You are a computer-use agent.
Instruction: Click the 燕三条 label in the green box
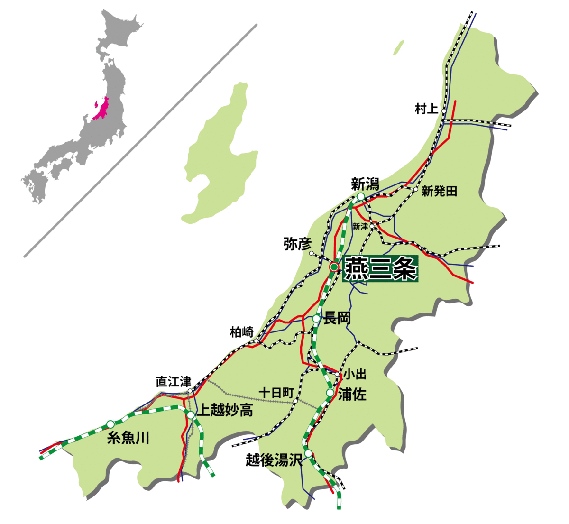point(380,269)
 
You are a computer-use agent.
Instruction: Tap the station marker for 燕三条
point(334,268)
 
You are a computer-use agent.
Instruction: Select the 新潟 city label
point(365,184)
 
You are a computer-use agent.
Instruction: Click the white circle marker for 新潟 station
point(360,197)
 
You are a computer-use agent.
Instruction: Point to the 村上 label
point(426,109)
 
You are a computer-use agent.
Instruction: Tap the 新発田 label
point(439,192)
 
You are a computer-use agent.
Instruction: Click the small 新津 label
point(360,227)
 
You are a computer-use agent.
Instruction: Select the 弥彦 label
point(297,244)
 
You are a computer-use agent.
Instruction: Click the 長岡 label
point(337,318)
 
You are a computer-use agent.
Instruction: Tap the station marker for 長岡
point(316,319)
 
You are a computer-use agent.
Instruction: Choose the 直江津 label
point(174,382)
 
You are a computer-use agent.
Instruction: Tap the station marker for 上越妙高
point(191,415)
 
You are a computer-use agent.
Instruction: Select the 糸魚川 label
point(128,438)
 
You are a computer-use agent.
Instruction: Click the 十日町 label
point(276,393)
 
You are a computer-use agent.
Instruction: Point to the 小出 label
point(355,375)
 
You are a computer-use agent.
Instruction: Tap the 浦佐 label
point(352,394)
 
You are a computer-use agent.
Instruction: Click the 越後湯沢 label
point(274,460)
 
